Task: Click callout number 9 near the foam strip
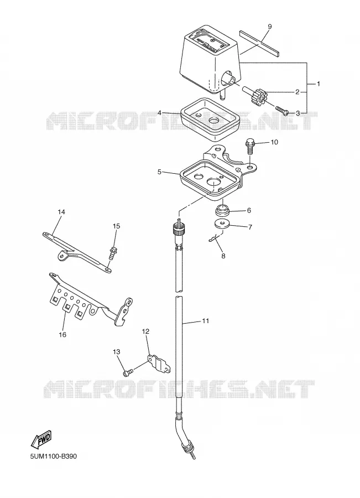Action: click(269, 27)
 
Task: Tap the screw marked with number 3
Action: click(282, 111)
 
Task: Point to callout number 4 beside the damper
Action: click(159, 113)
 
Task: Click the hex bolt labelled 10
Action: click(249, 146)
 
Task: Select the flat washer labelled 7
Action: click(222, 224)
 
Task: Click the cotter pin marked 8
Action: click(216, 237)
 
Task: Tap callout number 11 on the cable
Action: click(205, 321)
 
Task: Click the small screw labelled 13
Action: click(127, 372)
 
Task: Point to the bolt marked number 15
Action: click(112, 252)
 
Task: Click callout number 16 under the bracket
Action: click(62, 334)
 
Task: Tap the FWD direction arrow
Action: click(40, 439)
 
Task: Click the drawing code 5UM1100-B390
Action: click(54, 456)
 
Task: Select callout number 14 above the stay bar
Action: click(61, 211)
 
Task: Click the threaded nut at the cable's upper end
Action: click(177, 229)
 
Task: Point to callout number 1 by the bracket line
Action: click(318, 84)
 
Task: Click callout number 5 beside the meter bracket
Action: click(159, 172)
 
